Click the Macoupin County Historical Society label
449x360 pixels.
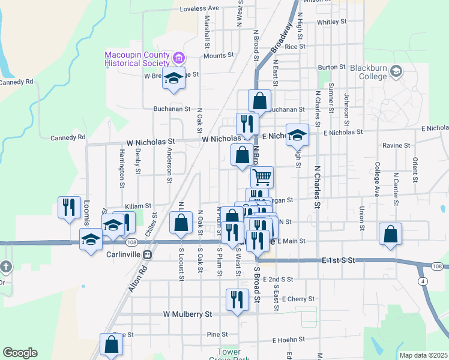137,59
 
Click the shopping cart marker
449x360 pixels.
262,177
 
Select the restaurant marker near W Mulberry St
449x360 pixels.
237,299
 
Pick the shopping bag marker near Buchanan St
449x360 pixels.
259,100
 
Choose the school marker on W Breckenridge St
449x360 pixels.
174,79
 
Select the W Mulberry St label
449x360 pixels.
188,314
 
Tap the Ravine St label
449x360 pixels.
397,145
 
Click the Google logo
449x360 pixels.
20,353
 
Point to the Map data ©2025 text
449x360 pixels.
423,355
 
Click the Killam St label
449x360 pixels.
138,206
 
